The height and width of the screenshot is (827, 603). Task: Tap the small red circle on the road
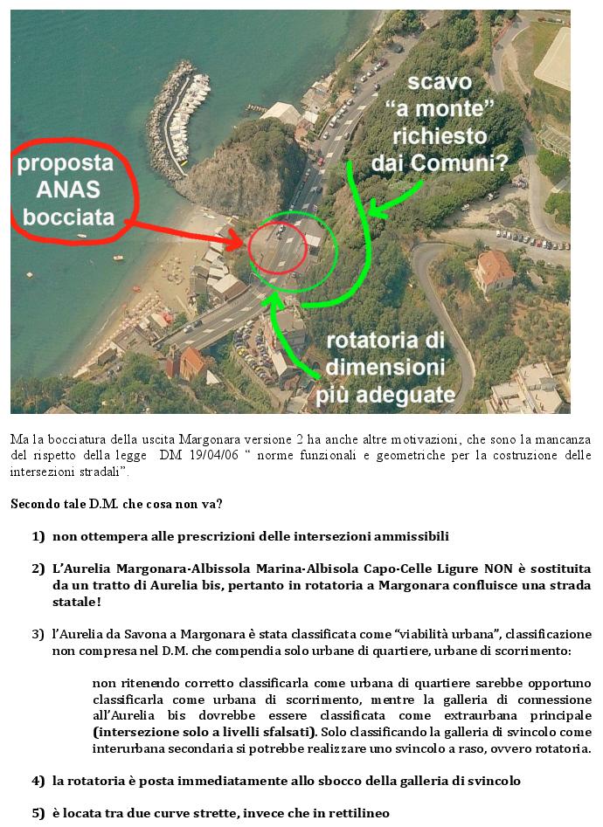(276, 247)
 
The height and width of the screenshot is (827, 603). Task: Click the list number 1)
(38, 536)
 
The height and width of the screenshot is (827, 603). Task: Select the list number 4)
(38, 781)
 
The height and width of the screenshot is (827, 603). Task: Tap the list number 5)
(38, 813)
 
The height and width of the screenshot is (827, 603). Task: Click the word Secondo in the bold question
(36, 504)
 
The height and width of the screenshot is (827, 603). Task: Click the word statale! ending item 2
(78, 602)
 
